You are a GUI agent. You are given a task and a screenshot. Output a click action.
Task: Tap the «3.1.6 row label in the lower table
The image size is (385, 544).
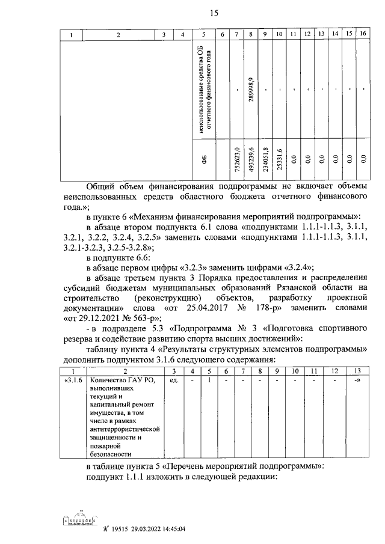[x=73, y=380]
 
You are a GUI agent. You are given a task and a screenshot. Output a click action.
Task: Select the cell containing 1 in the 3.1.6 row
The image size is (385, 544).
[x=209, y=380]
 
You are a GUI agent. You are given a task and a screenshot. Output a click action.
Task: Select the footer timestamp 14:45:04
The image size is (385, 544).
[x=168, y=530]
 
